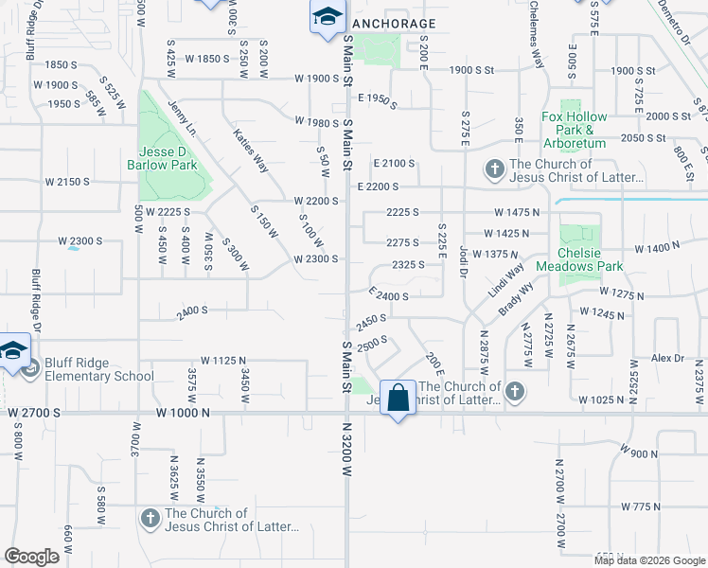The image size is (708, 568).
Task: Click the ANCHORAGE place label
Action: click(x=393, y=24)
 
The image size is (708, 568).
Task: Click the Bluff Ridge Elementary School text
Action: click(x=99, y=369)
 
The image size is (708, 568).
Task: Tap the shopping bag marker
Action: click(x=398, y=398)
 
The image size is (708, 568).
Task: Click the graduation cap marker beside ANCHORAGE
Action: click(x=327, y=18)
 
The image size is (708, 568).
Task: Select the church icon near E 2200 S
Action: click(x=493, y=169)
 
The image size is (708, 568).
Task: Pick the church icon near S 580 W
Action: click(x=150, y=519)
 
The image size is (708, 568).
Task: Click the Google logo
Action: click(x=31, y=557)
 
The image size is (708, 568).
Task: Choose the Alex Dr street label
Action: click(x=667, y=358)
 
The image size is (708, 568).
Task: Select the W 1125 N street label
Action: click(x=223, y=361)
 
